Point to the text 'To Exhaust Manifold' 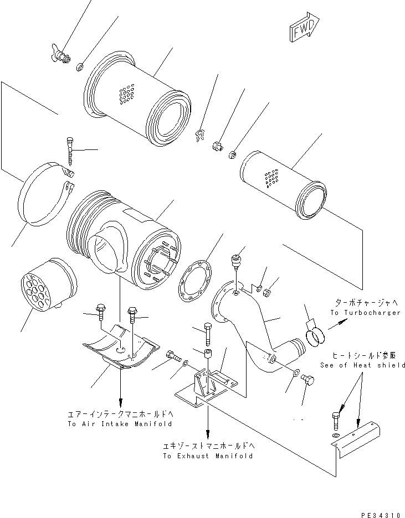click(208, 456)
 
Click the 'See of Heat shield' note click(362, 365)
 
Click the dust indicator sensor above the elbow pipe click(237, 262)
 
